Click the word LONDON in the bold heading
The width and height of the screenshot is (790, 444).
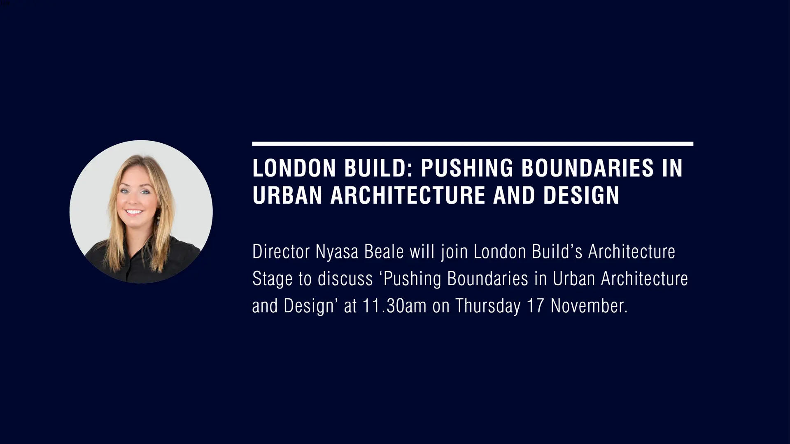click(294, 168)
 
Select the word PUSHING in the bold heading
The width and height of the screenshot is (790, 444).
click(467, 168)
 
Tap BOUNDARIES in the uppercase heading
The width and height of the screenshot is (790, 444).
click(587, 168)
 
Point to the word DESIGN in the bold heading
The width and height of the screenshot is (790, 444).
click(581, 195)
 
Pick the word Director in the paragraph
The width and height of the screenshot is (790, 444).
click(281, 252)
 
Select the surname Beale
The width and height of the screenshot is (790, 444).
click(384, 252)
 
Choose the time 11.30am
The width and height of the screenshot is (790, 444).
click(394, 306)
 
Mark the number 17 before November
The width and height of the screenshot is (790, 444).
click(535, 306)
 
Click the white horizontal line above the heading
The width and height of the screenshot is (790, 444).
click(473, 144)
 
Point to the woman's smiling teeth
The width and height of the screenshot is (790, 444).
click(134, 212)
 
